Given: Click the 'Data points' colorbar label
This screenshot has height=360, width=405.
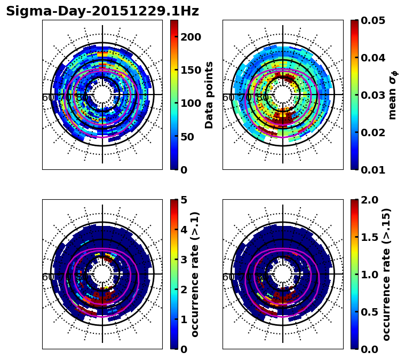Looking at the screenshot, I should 209,95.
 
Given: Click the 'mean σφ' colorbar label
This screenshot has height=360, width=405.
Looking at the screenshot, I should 392,95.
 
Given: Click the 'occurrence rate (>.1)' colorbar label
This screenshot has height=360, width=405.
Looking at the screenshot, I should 195,275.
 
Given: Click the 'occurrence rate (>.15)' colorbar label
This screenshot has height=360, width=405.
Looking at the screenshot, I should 386,275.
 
